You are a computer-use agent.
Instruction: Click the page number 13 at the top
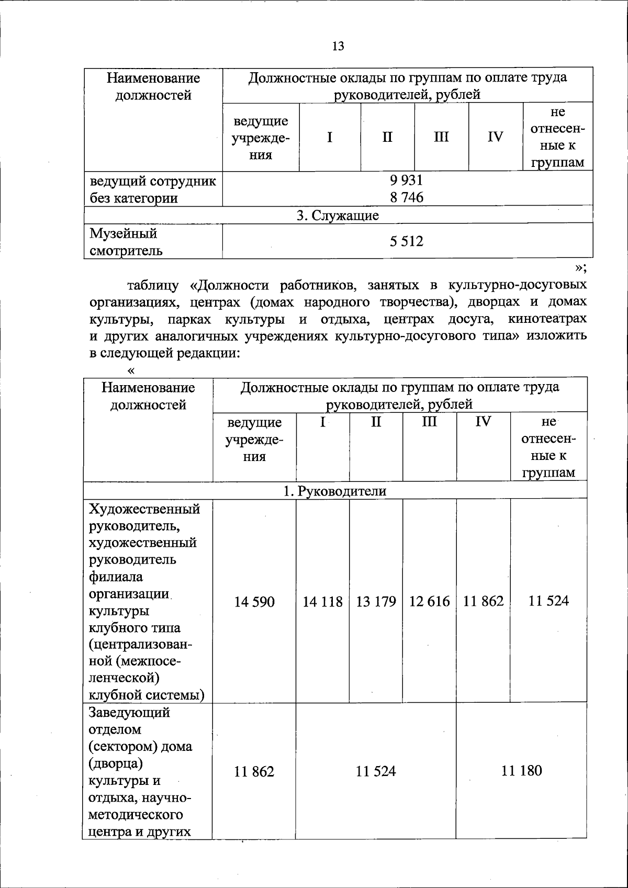tap(338, 46)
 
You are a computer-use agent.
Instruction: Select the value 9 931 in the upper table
tap(406, 180)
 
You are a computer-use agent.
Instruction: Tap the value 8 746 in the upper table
tap(406, 197)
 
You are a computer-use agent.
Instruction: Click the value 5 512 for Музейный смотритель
tap(406, 241)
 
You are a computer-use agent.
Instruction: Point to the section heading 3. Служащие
tap(338, 215)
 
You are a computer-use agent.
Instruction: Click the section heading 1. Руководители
tap(334, 491)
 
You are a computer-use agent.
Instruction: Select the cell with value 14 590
tap(254, 602)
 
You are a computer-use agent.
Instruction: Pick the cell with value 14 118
tap(322, 602)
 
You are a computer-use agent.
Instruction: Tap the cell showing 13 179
tap(376, 602)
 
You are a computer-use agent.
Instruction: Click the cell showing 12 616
tap(429, 602)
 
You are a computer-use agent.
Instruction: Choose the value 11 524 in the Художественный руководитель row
tap(548, 601)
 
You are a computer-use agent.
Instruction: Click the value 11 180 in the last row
tap(521, 771)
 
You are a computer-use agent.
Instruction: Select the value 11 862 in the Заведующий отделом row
tap(254, 772)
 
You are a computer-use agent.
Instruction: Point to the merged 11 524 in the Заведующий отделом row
tap(376, 771)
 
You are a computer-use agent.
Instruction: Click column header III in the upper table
tap(441, 137)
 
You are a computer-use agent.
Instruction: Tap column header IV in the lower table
tap(483, 422)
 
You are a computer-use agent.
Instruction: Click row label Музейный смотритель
tap(126, 242)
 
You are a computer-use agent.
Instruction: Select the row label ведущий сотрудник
tap(153, 181)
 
